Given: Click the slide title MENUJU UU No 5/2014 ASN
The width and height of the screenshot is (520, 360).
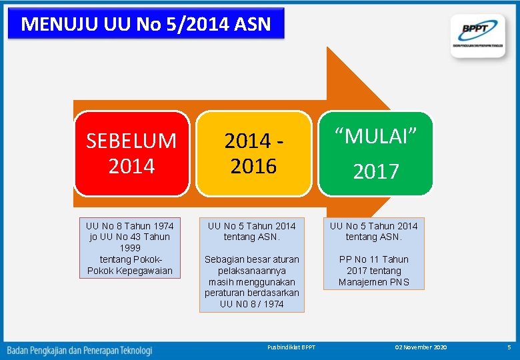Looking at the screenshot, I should click(145, 24).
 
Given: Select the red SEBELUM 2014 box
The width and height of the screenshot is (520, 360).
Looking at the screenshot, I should click(131, 153).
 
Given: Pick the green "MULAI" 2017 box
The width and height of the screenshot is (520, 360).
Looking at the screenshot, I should click(375, 153).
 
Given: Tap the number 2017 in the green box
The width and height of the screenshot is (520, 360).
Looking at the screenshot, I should click(375, 171).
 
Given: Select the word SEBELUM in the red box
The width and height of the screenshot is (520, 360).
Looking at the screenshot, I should click(131, 141).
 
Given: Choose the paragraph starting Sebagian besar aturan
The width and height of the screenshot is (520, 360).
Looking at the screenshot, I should click(252, 281).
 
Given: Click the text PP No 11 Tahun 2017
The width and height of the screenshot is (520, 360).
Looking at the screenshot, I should click(373, 265).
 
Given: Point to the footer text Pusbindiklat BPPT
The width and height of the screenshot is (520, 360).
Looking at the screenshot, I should click(291, 347).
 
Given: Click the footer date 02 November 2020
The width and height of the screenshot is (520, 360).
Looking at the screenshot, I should click(421, 347).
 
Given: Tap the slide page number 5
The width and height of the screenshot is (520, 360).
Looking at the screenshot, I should click(508, 347).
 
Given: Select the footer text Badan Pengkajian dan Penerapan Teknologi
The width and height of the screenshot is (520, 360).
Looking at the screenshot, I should click(79, 349).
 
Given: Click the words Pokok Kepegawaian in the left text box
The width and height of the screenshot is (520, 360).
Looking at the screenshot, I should click(130, 271).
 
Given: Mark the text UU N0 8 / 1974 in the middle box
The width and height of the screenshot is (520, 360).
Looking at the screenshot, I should click(252, 304).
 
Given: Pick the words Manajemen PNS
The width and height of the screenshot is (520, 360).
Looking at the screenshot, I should click(373, 282).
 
